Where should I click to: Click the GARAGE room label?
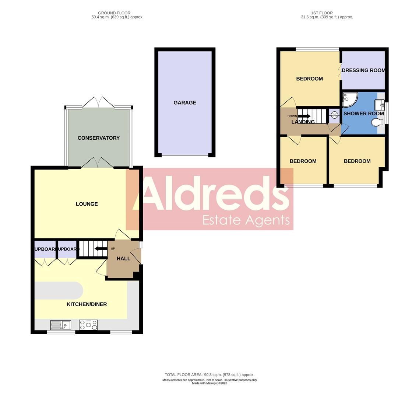[185, 103]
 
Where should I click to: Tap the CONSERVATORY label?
[99, 138]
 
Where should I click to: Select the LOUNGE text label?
[87, 204]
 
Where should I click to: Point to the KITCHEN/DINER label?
[87, 304]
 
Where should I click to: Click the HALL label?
[123, 258]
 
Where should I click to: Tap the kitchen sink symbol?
[60, 325]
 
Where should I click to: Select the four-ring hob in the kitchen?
[88, 325]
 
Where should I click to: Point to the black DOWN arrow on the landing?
[304, 116]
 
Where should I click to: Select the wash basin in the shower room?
[379, 105]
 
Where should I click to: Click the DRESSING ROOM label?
[363, 70]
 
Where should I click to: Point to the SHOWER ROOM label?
[363, 114]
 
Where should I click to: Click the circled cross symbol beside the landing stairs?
[334, 115]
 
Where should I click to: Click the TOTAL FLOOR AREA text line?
[209, 375]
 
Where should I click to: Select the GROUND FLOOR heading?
[114, 13]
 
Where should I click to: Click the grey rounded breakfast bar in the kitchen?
[59, 290]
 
